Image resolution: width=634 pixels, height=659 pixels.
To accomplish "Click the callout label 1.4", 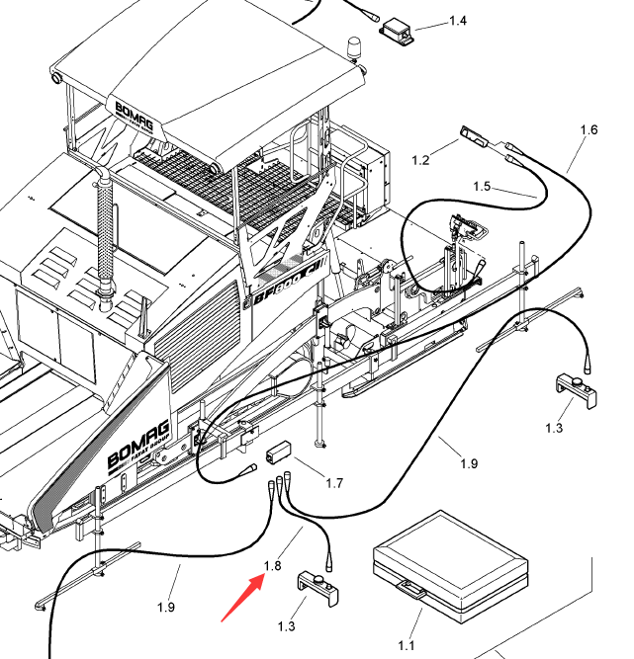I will pyautogui.click(x=458, y=21).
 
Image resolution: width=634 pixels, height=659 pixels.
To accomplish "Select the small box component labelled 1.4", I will pyautogui.click(x=403, y=31).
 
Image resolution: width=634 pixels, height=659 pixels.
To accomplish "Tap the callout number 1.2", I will pyautogui.click(x=420, y=159).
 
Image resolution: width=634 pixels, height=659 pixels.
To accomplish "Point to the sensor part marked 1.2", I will pyautogui.click(x=477, y=137).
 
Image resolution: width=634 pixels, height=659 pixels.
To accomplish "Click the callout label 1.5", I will pyautogui.click(x=482, y=186).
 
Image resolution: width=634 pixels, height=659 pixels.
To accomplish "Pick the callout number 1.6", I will pyautogui.click(x=589, y=129).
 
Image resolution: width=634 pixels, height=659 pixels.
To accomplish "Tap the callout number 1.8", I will pyautogui.click(x=273, y=566).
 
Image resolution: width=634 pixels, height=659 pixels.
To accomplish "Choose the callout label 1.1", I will pyautogui.click(x=406, y=645).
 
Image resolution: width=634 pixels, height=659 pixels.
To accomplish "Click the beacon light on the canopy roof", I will pyautogui.click(x=353, y=46).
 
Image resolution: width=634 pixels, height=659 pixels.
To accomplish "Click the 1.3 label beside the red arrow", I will pyautogui.click(x=287, y=626).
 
